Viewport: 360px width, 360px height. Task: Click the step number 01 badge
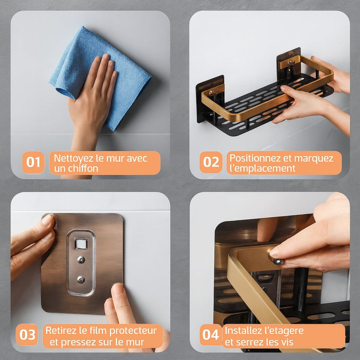pos(33,162)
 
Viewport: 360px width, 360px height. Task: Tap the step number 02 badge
pos(211,162)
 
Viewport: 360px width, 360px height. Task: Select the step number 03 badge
pos(27,335)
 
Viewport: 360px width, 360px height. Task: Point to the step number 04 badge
pos(211,335)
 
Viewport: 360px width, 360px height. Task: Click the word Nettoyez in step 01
pos(74,159)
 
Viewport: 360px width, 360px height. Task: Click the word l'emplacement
pos(262,168)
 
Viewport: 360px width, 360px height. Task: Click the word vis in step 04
pos(287,342)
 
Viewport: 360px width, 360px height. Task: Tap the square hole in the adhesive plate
pos(81,244)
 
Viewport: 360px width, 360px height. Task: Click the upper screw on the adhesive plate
pos(81,259)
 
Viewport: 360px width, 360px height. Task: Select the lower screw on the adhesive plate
pos(81,279)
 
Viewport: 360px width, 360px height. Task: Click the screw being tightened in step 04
pos(278,262)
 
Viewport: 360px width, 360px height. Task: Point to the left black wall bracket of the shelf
pos(210,99)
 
